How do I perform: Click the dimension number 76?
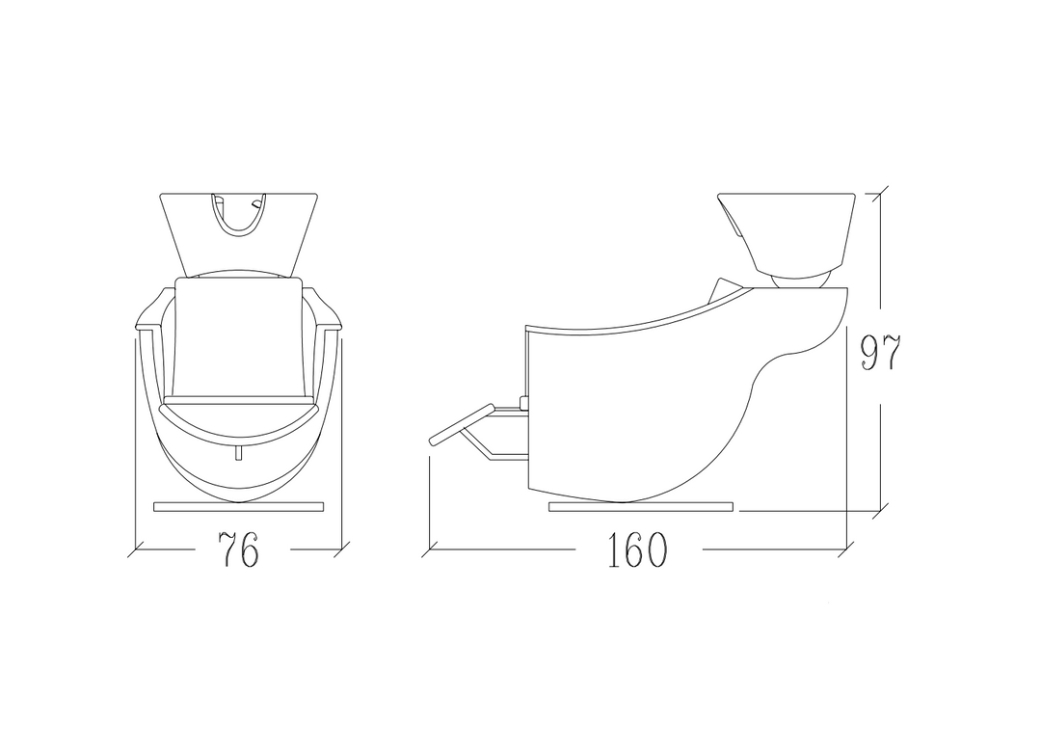238,549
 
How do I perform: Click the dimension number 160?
636,549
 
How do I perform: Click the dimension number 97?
880,353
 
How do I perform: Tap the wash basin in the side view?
787,232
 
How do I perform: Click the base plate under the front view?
239,507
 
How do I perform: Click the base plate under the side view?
641,507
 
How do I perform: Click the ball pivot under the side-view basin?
800,281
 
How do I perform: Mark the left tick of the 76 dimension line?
136,549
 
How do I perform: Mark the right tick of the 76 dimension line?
341,549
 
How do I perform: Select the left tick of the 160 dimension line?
431,549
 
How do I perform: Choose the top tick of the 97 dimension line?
880,194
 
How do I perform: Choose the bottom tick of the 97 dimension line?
880,511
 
